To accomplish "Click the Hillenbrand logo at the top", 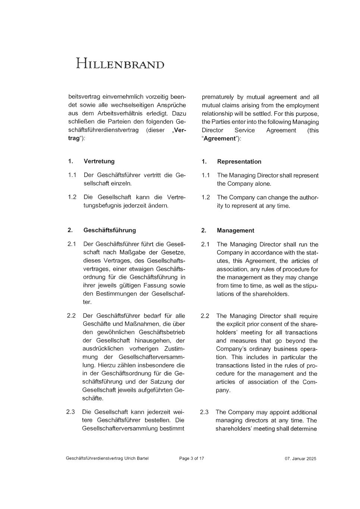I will [x=120, y=63].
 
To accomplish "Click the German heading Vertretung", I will [x=99, y=161].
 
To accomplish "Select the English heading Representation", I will [x=239, y=161].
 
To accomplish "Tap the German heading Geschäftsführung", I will [x=110, y=230].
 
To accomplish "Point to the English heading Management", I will [x=235, y=230].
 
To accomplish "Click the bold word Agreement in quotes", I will [x=219, y=138].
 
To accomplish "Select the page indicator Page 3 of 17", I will [x=191, y=458].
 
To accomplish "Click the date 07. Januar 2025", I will [x=300, y=459].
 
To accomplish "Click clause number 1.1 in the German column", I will [x=72, y=175].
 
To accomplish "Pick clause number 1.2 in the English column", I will [x=206, y=197].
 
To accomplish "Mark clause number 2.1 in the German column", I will [x=72, y=244].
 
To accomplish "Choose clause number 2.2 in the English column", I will [x=205, y=316].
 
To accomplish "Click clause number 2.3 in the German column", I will [x=71, y=412].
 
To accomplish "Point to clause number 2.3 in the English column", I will [x=204, y=412].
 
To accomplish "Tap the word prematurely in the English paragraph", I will [x=218, y=97].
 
